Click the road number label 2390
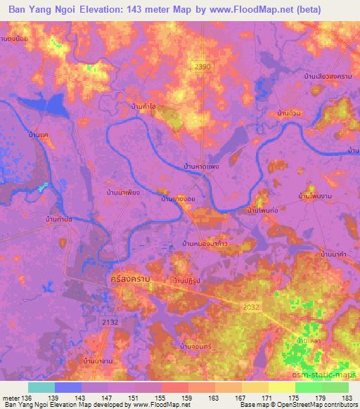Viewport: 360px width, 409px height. click(x=202, y=65)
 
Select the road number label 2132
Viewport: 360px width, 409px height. click(x=109, y=321)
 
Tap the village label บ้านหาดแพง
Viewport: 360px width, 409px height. click(x=201, y=167)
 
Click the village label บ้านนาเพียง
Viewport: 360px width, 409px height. click(x=123, y=191)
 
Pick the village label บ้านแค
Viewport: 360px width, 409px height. click(x=39, y=134)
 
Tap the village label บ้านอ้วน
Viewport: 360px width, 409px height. click(x=289, y=112)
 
